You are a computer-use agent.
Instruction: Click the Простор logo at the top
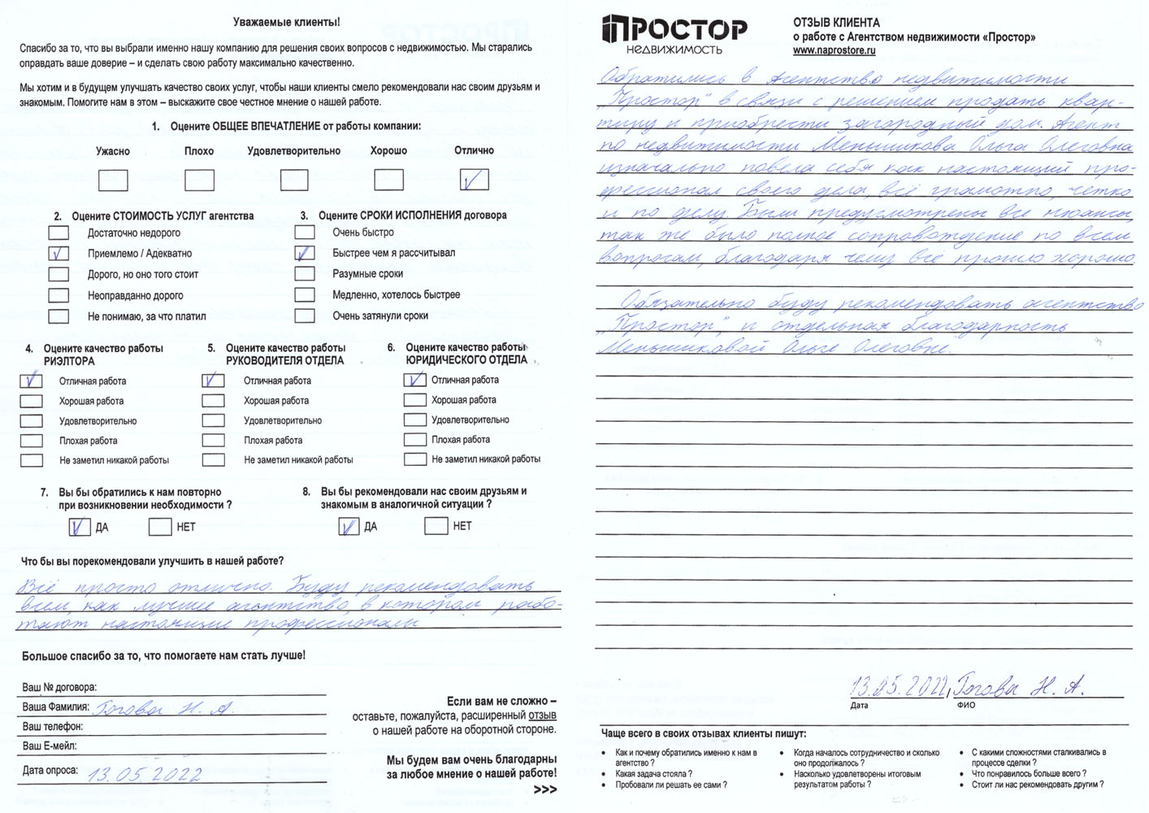coord(674,35)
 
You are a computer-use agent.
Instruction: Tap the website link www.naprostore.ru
coord(834,50)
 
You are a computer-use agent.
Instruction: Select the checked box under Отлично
coord(474,180)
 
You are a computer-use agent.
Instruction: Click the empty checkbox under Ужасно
coord(113,180)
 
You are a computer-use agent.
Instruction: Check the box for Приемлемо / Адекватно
coord(59,254)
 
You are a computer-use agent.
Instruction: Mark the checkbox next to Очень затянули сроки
coord(305,315)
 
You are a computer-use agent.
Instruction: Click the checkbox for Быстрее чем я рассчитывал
coord(305,253)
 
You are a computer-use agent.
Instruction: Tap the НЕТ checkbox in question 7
coord(159,527)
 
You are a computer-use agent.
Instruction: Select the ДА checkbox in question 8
coord(349,527)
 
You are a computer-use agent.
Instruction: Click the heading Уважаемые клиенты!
coord(286,22)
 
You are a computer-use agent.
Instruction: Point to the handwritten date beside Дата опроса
coord(144,773)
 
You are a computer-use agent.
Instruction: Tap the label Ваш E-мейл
coord(49,746)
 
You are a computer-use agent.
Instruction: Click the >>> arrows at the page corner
coord(545,789)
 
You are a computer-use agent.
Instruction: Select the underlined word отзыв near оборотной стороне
coord(542,715)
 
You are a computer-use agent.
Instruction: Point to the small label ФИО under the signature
coord(966,705)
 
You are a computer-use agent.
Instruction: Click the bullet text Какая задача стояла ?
coord(653,774)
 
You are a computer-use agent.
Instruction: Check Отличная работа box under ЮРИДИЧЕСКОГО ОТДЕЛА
coord(414,380)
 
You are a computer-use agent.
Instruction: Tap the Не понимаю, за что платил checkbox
coord(59,316)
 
